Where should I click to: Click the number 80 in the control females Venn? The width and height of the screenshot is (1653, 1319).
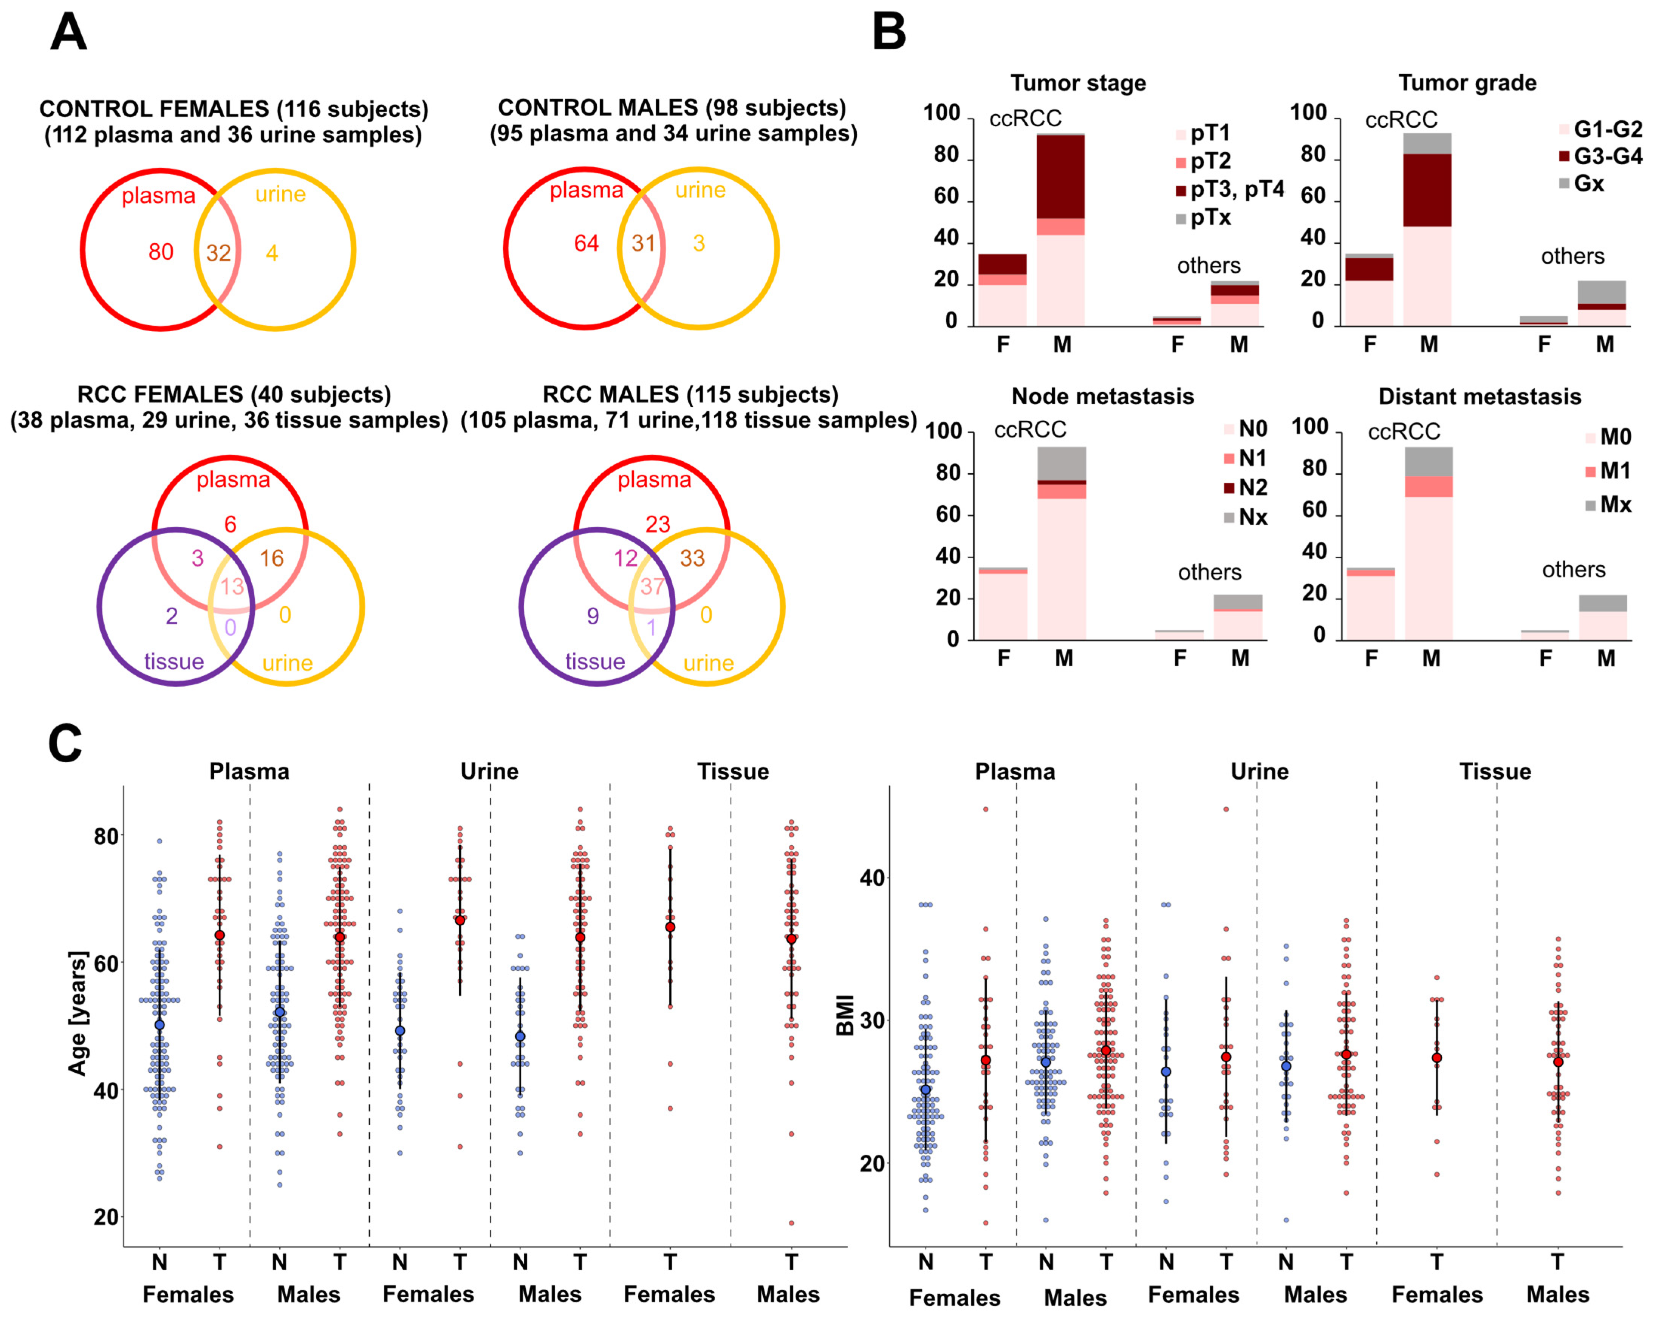161,252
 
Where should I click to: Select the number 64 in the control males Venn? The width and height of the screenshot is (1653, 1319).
587,244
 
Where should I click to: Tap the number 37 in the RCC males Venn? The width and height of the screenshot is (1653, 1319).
652,587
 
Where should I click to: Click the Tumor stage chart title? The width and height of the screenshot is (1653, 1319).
1078,83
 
